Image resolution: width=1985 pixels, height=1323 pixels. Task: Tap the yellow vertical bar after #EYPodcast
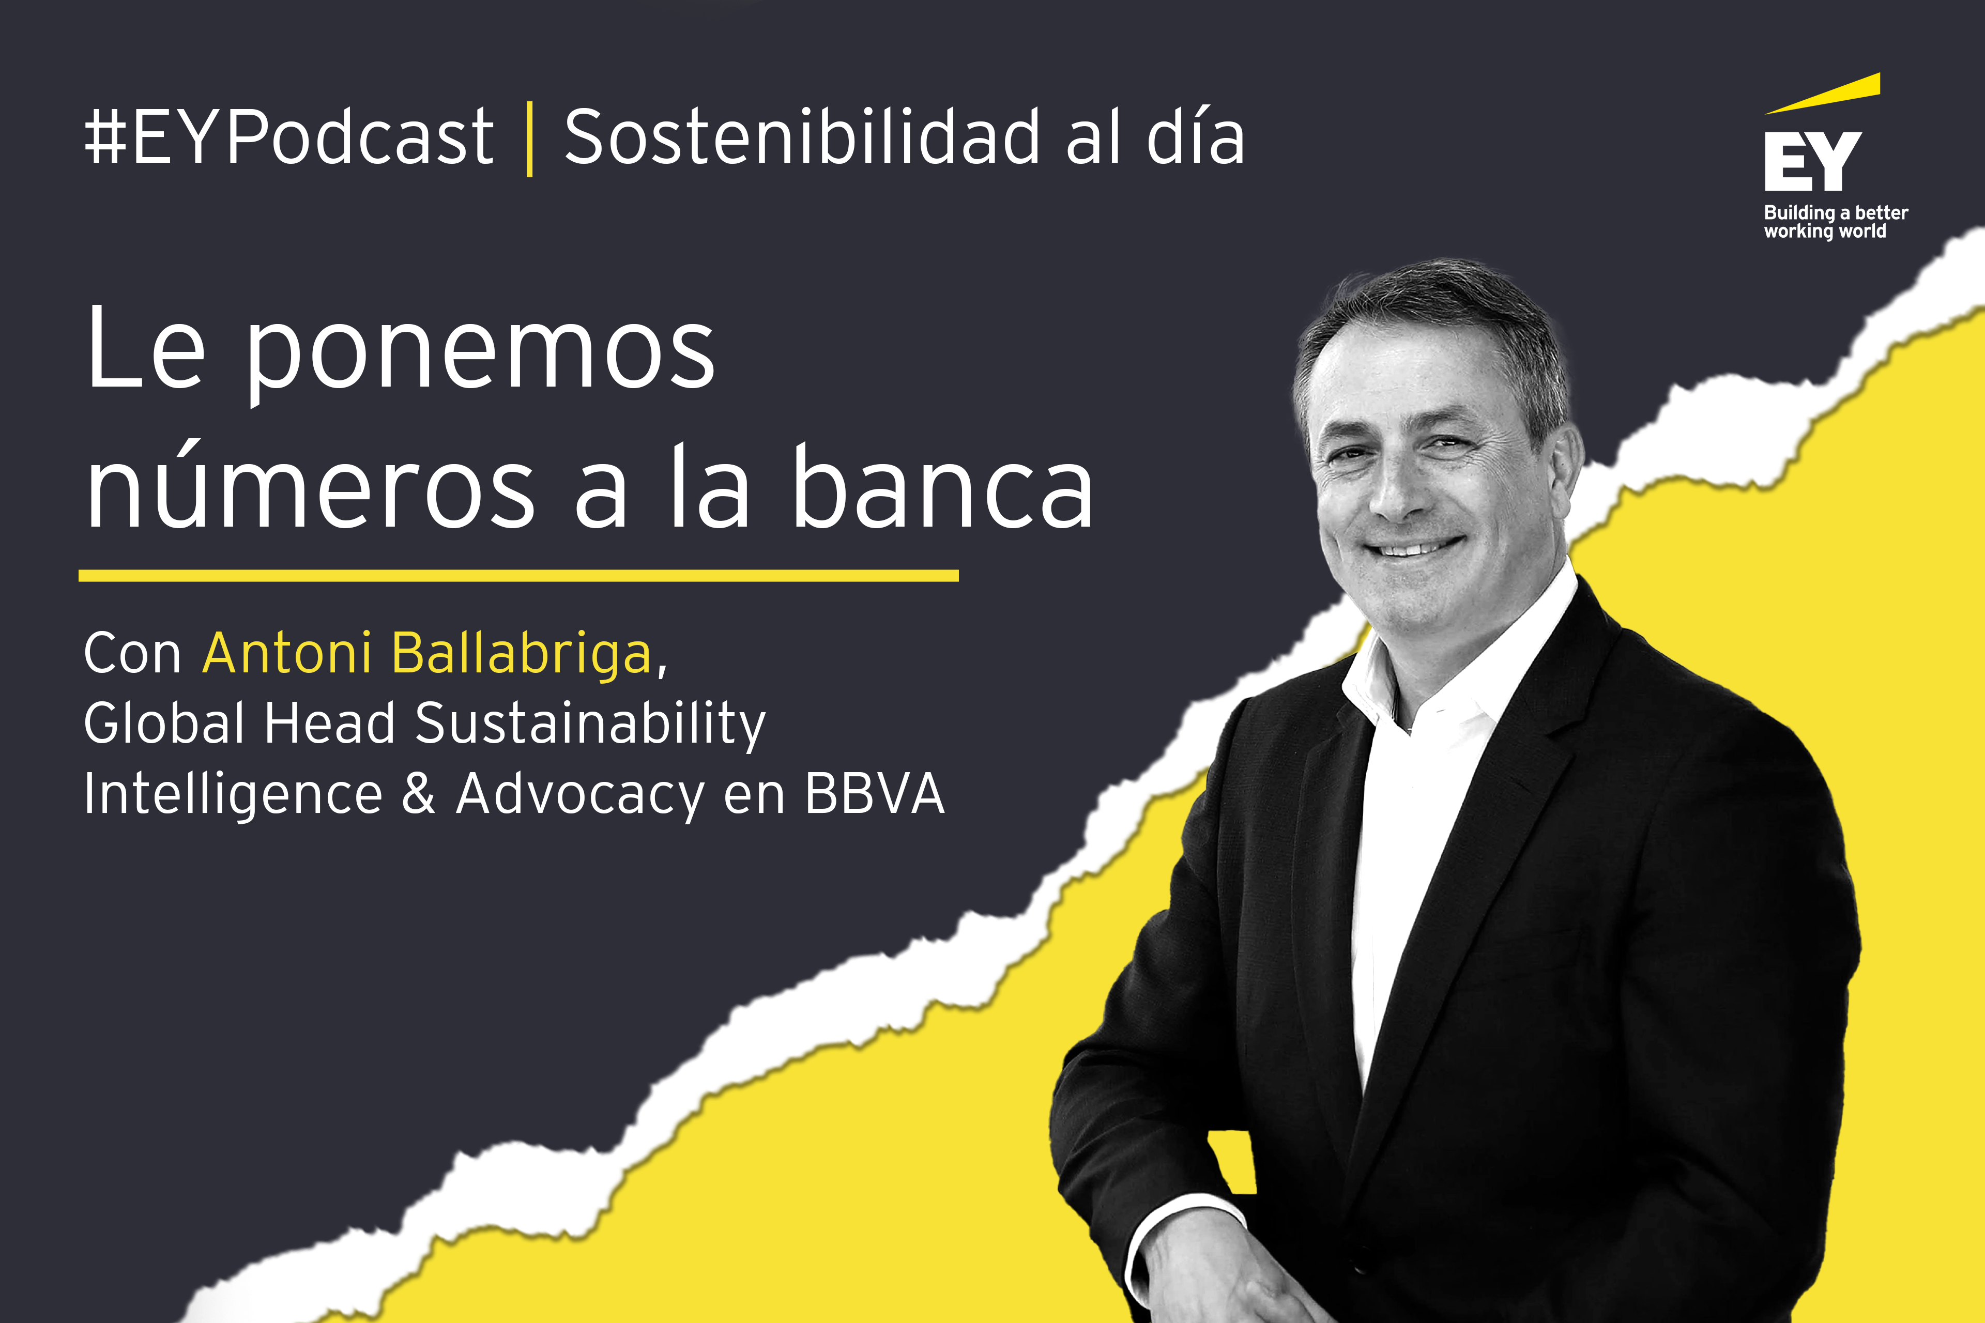tap(529, 139)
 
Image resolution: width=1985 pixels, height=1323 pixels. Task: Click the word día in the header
tap(1195, 136)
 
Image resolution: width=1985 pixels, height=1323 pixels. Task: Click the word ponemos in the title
tap(481, 359)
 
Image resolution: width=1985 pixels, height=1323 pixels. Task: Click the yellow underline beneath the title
tap(518, 575)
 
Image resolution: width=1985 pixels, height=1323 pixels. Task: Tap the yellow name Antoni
tap(287, 653)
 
